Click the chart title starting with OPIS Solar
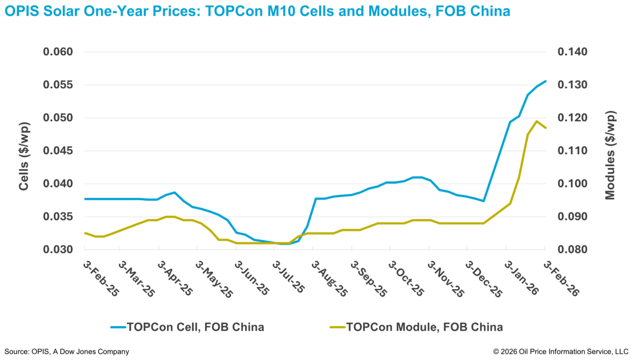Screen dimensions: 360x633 click(257, 11)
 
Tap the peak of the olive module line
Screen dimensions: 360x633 click(536, 121)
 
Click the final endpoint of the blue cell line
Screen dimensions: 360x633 click(545, 81)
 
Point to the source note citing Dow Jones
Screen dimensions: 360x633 click(66, 351)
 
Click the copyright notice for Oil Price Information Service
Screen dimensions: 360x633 click(561, 351)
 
